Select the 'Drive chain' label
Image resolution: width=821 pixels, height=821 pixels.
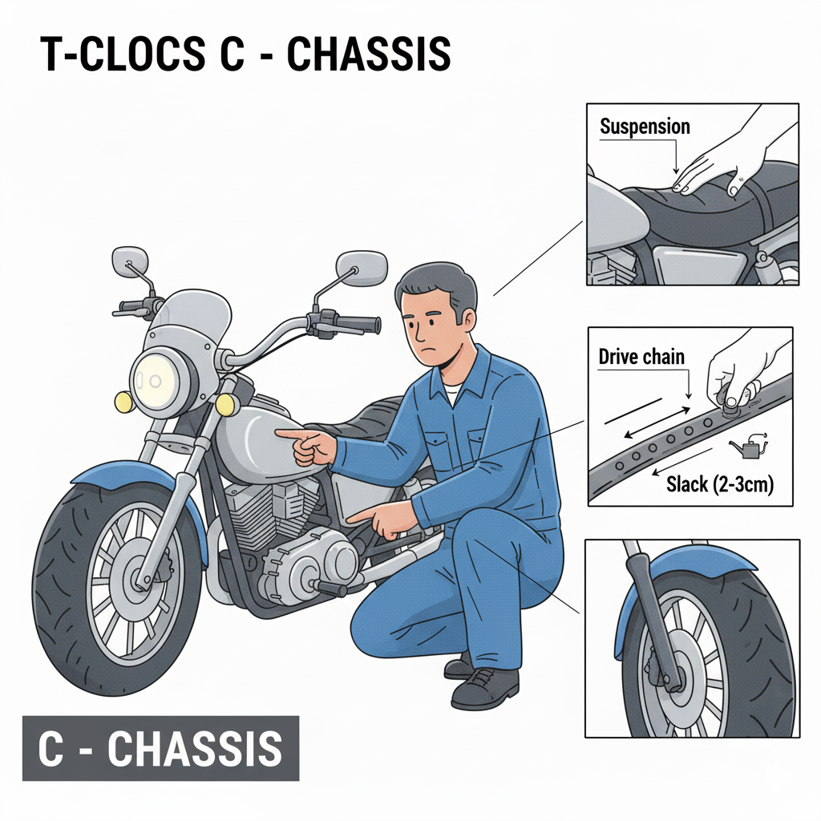pos(641,357)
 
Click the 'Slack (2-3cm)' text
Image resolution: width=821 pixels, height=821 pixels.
pos(720,484)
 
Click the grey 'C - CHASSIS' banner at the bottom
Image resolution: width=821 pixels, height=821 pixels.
pos(160,748)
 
